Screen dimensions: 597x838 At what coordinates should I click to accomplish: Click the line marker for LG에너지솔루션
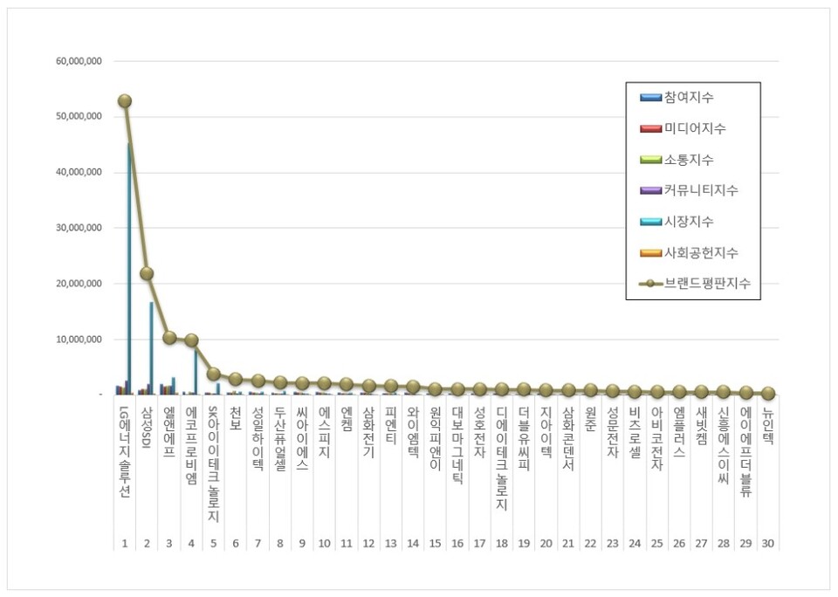125,101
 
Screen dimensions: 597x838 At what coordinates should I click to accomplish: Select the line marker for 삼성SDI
147,273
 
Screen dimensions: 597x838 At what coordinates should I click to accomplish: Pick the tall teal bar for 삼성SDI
151,348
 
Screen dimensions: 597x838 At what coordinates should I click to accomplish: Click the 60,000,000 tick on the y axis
79,61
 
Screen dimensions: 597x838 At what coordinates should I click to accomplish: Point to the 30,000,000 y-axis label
79,228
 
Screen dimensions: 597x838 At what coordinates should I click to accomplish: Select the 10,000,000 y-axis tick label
79,340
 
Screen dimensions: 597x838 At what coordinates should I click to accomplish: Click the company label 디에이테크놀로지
502,458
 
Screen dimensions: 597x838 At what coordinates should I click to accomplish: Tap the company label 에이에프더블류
746,453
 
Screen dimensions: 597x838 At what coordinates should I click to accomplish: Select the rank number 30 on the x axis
768,543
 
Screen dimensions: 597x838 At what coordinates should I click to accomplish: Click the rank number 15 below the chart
435,543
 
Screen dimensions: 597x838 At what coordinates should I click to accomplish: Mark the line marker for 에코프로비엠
191,340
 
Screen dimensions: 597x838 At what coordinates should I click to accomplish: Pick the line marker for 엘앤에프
169,338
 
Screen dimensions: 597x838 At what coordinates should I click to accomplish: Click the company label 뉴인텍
768,428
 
